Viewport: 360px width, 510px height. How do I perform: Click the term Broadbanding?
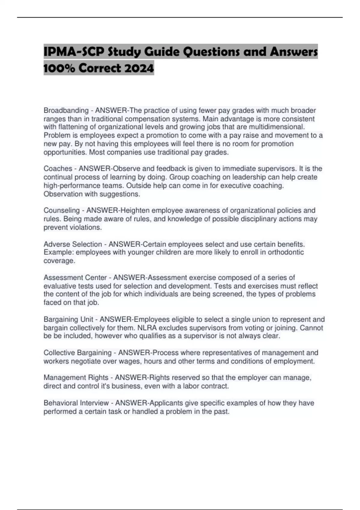tap(66, 110)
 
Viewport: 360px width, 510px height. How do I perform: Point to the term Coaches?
tap(58, 169)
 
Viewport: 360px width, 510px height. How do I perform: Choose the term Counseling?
tap(62, 210)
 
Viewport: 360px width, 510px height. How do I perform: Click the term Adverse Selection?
tap(73, 244)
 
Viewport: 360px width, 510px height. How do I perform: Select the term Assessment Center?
tap(75, 277)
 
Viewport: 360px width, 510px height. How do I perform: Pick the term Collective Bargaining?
tap(77, 353)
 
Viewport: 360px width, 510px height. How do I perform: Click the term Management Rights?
tap(76, 377)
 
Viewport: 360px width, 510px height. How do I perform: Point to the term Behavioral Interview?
tap(76, 403)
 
